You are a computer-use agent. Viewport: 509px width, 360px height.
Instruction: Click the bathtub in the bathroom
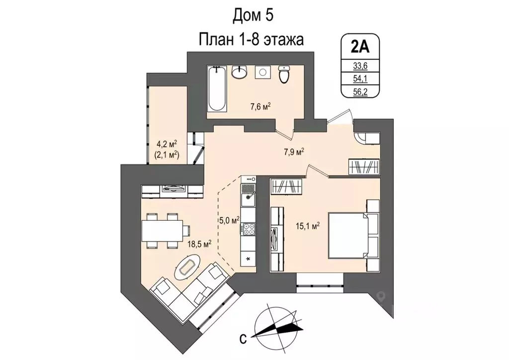tap(217, 90)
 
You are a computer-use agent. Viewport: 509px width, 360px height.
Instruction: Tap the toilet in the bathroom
tap(284, 75)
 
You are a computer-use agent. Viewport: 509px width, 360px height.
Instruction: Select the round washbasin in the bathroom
tap(240, 73)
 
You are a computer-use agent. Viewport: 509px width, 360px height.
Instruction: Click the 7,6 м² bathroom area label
tap(259, 106)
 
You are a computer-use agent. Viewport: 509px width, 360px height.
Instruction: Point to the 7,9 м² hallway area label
tap(294, 152)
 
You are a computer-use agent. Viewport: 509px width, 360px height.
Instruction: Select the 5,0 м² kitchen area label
tap(229, 219)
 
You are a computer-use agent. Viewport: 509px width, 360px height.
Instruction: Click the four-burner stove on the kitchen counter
tap(248, 229)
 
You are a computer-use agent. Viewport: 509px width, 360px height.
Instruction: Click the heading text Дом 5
tap(254, 16)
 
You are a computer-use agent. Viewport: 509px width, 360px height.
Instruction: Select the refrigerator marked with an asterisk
tap(248, 259)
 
